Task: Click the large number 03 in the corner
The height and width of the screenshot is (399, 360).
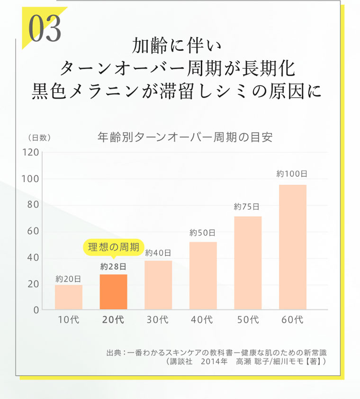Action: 45,28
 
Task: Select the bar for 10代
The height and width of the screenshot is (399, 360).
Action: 69,297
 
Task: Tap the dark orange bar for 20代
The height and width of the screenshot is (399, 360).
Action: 113,292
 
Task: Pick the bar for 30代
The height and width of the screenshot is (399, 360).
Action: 158,285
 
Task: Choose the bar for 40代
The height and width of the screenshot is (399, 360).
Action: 203,276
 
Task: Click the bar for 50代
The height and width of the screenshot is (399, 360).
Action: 248,263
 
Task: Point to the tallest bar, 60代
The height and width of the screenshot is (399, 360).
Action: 292,247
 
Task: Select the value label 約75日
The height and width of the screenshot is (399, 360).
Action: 247,207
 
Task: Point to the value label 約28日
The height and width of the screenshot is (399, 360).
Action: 113,266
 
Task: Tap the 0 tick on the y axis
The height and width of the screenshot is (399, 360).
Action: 36,310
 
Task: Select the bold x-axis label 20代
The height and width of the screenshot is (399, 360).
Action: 113,320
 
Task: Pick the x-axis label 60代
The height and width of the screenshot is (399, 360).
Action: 292,320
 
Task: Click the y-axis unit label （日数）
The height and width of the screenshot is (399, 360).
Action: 39,138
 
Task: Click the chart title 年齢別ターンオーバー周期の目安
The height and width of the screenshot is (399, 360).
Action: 185,137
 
